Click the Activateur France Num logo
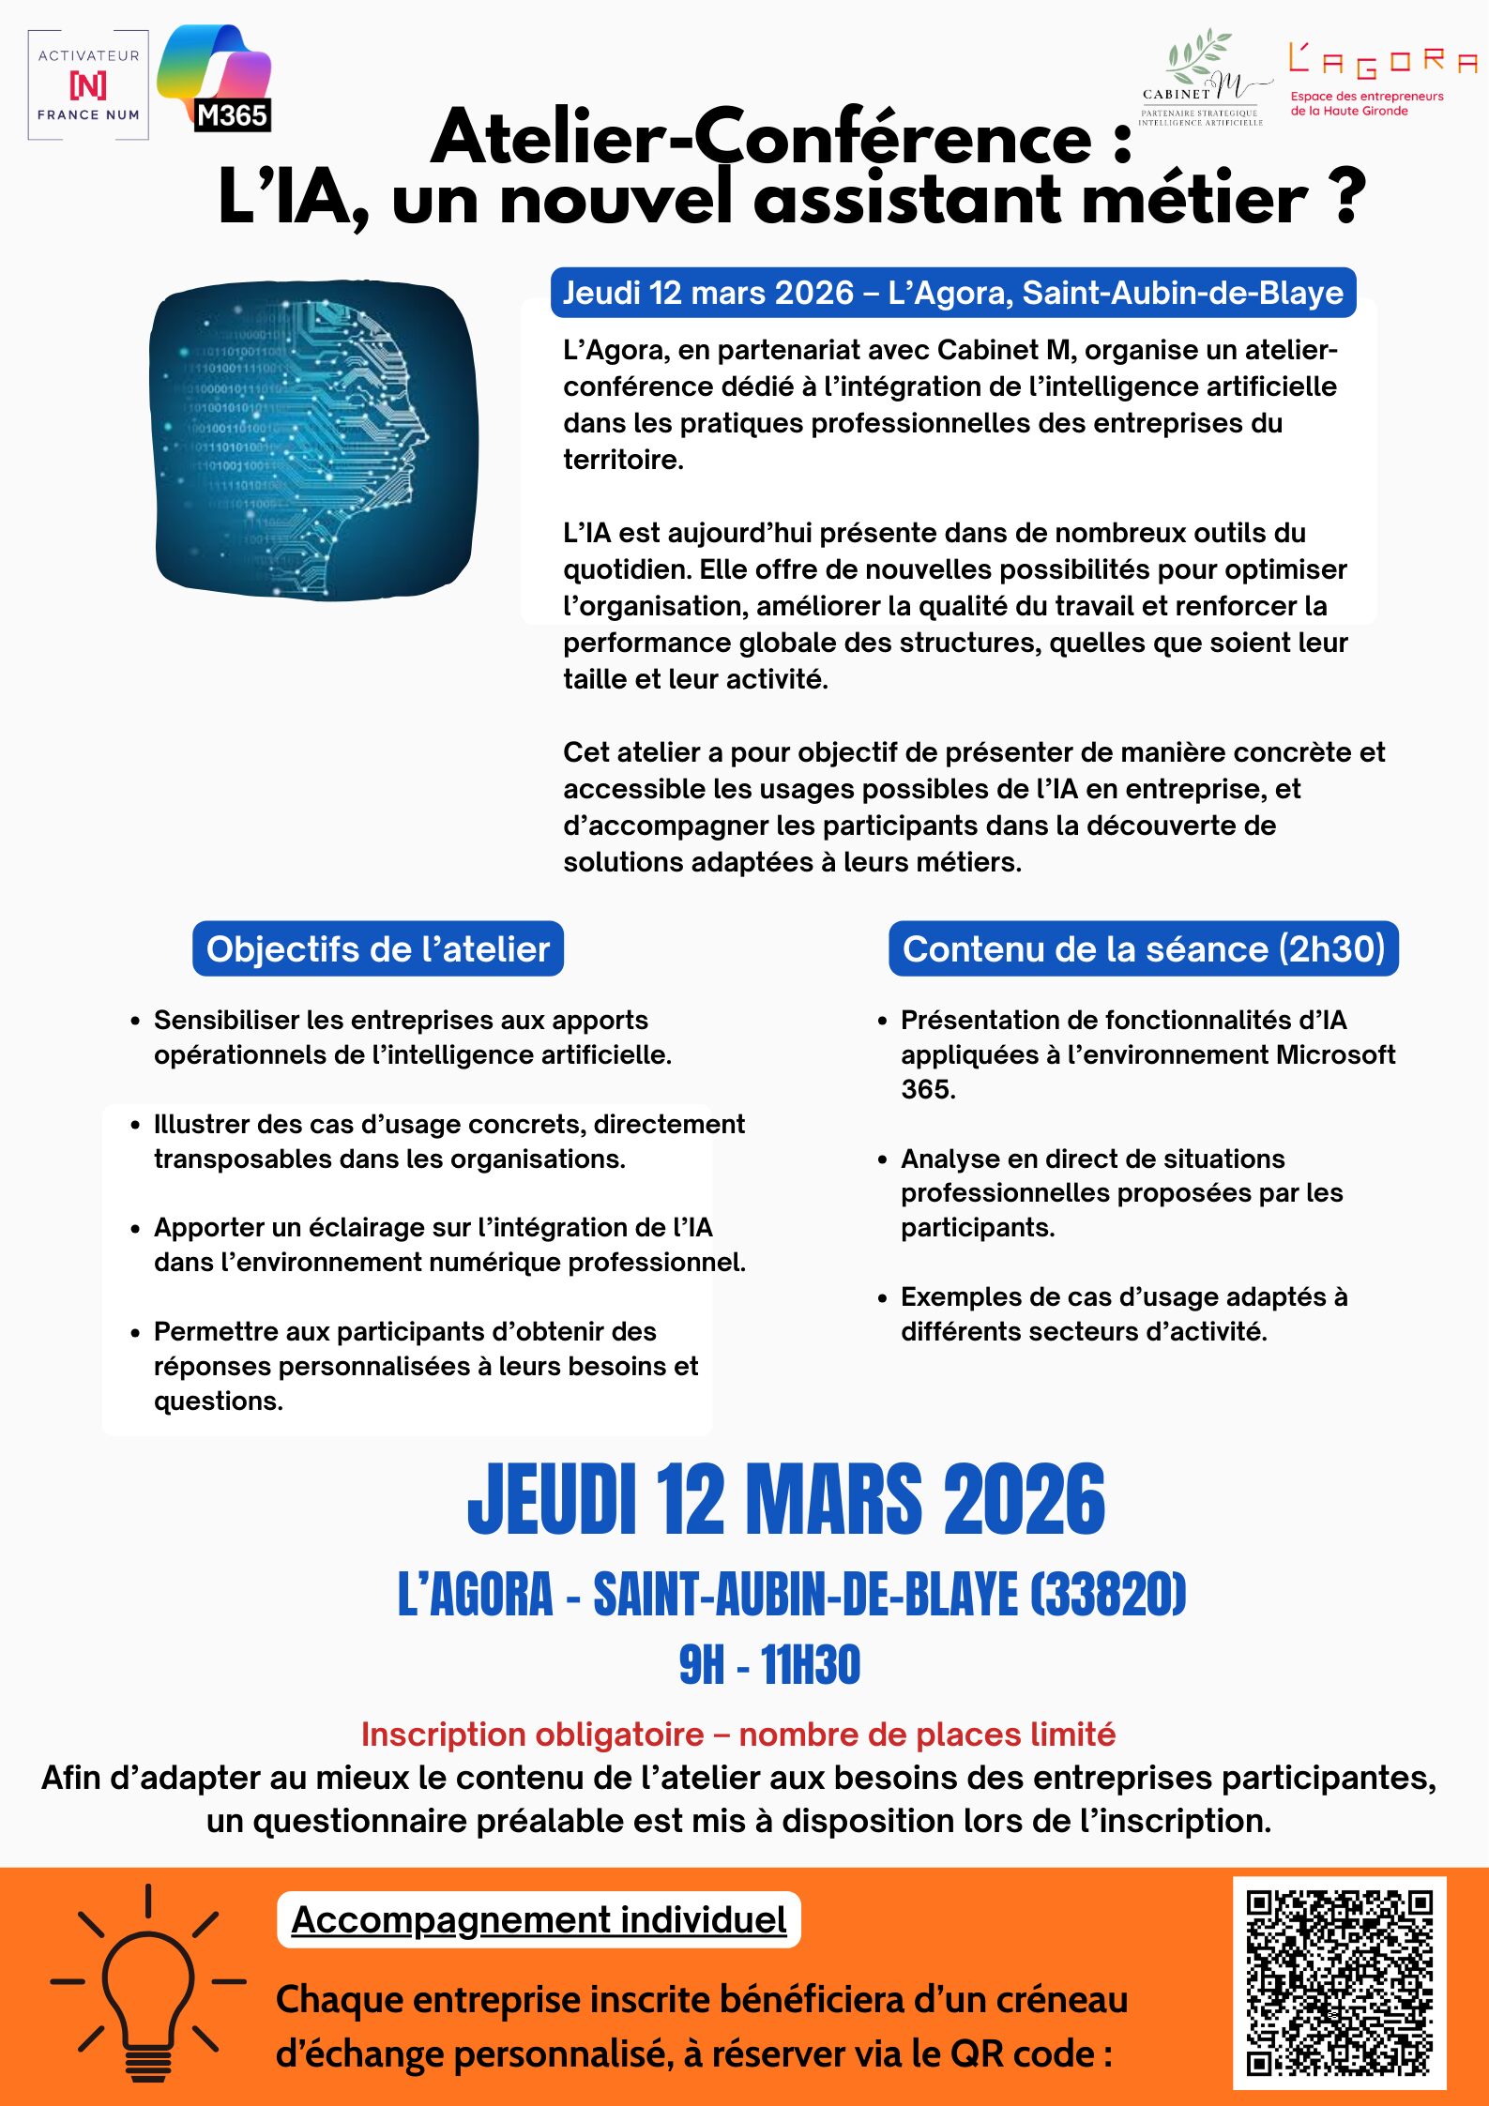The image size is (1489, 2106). (x=88, y=85)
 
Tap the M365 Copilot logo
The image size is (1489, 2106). (x=216, y=79)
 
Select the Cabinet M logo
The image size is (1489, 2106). (x=1204, y=79)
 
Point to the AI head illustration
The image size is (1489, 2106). (x=313, y=441)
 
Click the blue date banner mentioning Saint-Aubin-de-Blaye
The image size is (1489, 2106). (x=952, y=293)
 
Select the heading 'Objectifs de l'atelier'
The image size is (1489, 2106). (x=377, y=949)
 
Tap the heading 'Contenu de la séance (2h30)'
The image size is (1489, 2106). (x=1143, y=949)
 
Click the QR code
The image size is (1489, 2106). (x=1339, y=1982)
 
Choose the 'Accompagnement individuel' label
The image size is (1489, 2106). (x=539, y=1920)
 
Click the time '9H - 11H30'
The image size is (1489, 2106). (x=769, y=1665)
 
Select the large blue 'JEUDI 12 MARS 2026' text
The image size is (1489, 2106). (x=786, y=1500)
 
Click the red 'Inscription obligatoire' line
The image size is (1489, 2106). (x=738, y=1735)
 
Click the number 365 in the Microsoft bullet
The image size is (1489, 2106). (x=927, y=1089)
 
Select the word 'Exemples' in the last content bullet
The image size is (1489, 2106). (x=968, y=1296)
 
